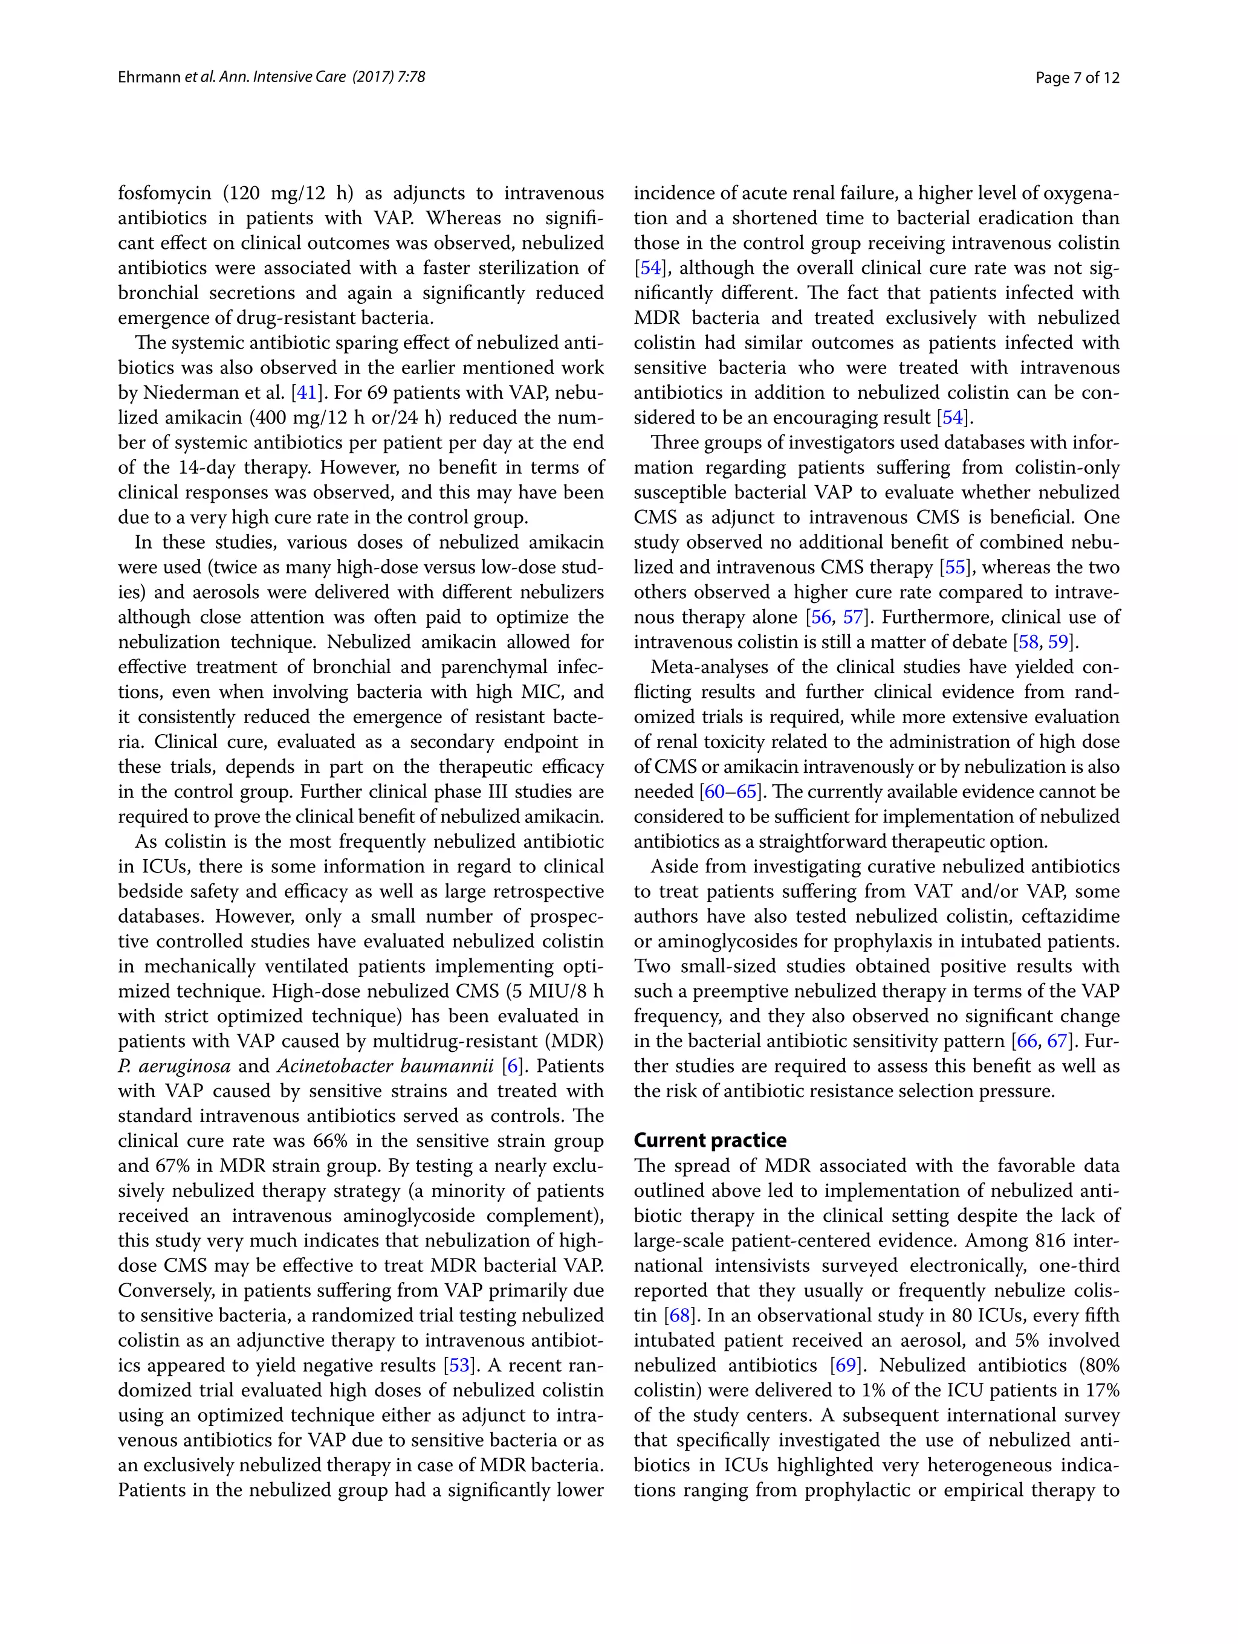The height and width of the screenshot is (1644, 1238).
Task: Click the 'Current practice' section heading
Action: (709, 1140)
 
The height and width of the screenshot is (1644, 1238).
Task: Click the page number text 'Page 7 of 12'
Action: (1077, 77)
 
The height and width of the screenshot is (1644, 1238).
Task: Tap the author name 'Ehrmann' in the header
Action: (149, 77)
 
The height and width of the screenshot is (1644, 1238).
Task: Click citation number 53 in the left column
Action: (455, 1365)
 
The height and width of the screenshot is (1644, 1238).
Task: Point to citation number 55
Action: (954, 567)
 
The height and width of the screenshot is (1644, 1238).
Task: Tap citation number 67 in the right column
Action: (1057, 1040)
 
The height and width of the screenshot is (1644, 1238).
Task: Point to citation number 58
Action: (1028, 642)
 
